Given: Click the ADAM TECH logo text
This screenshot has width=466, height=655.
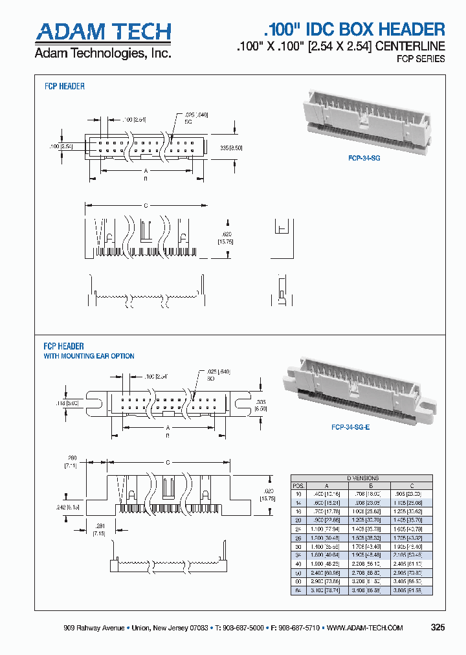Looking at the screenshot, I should (103, 32).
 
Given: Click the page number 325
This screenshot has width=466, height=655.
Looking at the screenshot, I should (438, 627).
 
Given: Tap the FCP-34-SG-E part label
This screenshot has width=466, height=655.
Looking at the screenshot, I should (350, 427).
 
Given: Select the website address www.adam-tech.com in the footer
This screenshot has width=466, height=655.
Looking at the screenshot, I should (365, 628).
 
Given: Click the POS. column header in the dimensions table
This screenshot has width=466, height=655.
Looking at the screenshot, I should (298, 485).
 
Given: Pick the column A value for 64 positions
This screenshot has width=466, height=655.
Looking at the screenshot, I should (326, 591).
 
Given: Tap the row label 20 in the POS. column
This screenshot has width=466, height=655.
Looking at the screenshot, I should (298, 520).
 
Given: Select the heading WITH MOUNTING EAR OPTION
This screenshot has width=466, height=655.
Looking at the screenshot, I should (89, 356).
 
